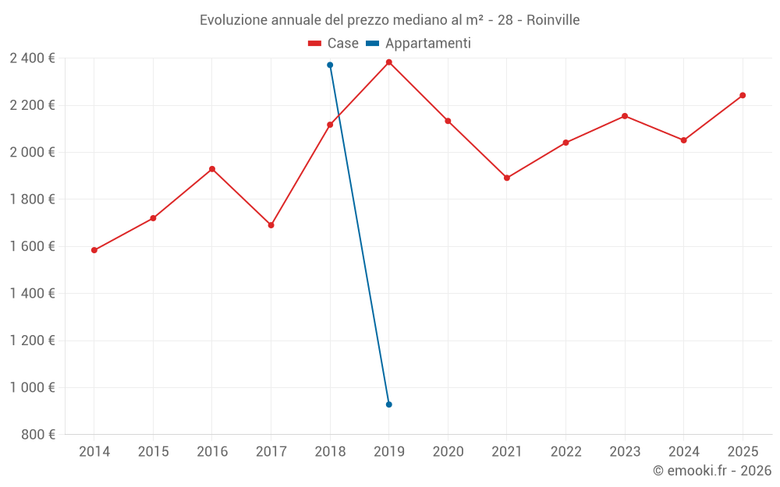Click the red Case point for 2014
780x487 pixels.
coord(94,250)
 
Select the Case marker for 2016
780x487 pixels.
coord(212,169)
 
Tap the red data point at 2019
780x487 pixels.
coord(388,62)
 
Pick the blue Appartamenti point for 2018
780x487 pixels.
coord(330,65)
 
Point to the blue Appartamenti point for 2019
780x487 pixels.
coord(388,404)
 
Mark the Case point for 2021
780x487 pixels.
coord(507,178)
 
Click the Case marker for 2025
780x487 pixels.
coord(743,95)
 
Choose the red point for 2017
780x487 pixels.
coord(271,225)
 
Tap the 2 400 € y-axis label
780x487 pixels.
coord(32,58)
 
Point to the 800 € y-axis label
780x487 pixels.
coord(37,435)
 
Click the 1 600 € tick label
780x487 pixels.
coord(32,246)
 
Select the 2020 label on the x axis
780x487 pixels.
coord(448,452)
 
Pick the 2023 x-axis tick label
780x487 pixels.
coord(625,452)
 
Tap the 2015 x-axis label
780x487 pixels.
coord(153,452)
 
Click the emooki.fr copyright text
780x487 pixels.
coord(712,471)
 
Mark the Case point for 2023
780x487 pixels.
coord(625,116)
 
